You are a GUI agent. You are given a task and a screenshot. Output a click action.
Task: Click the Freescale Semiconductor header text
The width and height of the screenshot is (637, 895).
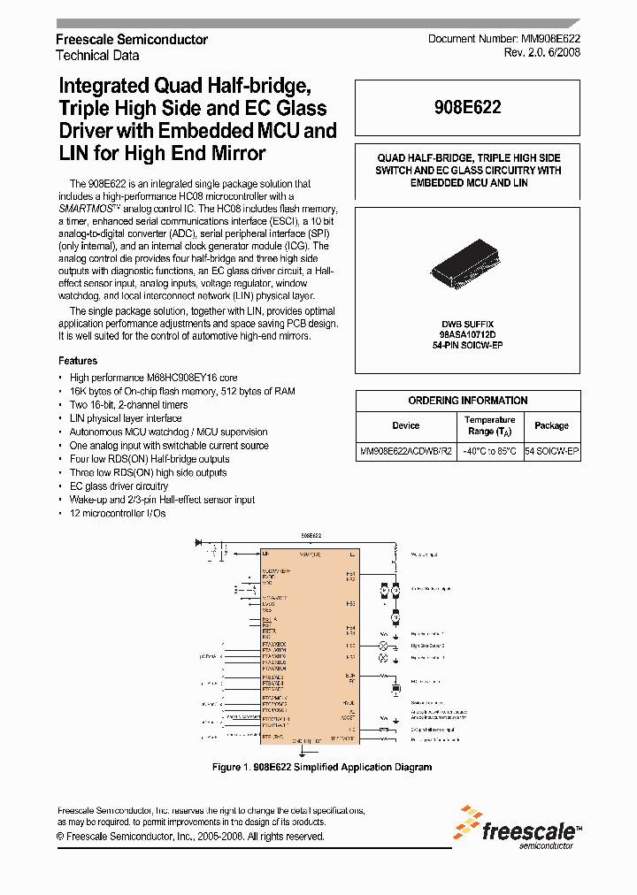pos(132,40)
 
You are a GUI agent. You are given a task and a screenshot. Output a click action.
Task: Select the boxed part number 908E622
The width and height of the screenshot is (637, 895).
pos(469,108)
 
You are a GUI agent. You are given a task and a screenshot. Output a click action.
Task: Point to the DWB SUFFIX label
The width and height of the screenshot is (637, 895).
pos(468,325)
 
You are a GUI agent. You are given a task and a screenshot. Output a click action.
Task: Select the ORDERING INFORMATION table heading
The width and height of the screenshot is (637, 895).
pos(468,401)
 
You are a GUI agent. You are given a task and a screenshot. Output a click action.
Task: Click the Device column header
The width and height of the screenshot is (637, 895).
pos(405,425)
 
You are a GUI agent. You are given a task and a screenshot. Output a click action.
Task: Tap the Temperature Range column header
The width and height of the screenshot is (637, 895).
pos(489,425)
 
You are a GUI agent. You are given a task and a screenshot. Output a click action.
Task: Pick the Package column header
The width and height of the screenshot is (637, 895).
pos(552,425)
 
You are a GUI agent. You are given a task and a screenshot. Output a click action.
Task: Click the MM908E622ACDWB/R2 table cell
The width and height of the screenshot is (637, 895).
pos(406,451)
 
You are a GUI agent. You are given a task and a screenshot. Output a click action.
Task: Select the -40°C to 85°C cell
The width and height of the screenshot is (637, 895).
pos(489,451)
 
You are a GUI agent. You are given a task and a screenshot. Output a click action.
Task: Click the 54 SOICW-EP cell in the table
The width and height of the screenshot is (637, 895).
pos(552,451)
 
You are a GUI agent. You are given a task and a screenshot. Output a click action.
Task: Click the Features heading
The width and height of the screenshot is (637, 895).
pos(78,361)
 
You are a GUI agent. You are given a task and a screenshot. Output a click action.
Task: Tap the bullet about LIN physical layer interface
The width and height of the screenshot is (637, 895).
pos(126,418)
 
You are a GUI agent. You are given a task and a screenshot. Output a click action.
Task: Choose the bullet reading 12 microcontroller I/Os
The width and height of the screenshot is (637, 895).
pos(118,513)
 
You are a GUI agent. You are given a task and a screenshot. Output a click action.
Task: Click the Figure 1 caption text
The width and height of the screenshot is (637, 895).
pos(322,767)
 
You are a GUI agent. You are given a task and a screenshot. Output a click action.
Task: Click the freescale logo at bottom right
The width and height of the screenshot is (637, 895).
pos(517,828)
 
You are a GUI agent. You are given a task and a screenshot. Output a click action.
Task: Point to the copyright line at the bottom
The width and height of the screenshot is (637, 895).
pos(190,836)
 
